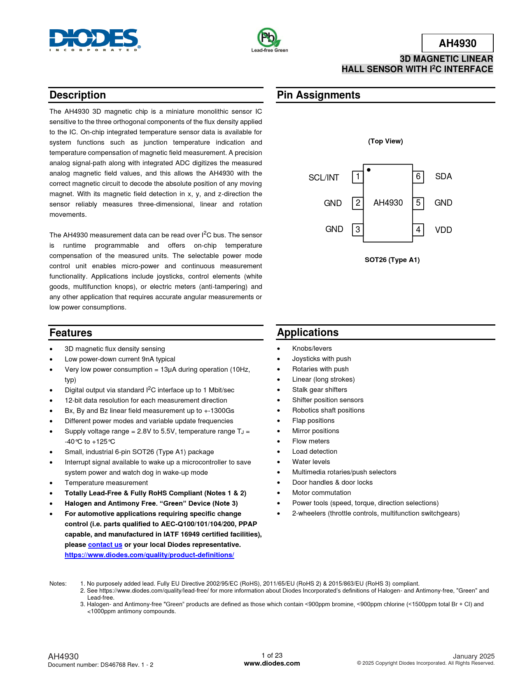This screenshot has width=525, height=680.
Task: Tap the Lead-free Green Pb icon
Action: (x=269, y=38)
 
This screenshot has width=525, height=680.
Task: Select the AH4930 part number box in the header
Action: (x=457, y=43)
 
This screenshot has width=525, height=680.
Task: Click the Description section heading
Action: (x=78, y=95)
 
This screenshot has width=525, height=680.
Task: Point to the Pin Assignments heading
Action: (x=318, y=95)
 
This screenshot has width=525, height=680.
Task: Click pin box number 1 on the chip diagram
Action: (x=358, y=177)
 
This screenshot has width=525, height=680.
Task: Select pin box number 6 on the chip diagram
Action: (x=418, y=177)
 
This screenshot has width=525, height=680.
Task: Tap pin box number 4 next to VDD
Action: (x=418, y=230)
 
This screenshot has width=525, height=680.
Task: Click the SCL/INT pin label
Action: (x=324, y=178)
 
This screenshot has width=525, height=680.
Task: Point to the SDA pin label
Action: (x=443, y=176)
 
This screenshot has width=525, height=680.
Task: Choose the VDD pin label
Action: (x=443, y=230)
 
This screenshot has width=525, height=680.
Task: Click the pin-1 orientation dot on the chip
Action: (x=369, y=170)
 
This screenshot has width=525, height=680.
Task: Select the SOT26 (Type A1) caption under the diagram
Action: (x=392, y=260)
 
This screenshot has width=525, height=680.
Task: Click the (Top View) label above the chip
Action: (x=385, y=141)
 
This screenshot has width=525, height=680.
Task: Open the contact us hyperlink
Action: (x=105, y=545)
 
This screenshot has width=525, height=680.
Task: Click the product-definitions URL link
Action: (x=149, y=555)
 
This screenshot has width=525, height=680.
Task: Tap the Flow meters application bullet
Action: (x=310, y=441)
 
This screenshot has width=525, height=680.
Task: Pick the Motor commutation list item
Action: (x=321, y=493)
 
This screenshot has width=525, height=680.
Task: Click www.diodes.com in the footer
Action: (x=272, y=664)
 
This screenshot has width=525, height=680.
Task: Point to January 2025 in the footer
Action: (x=474, y=657)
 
